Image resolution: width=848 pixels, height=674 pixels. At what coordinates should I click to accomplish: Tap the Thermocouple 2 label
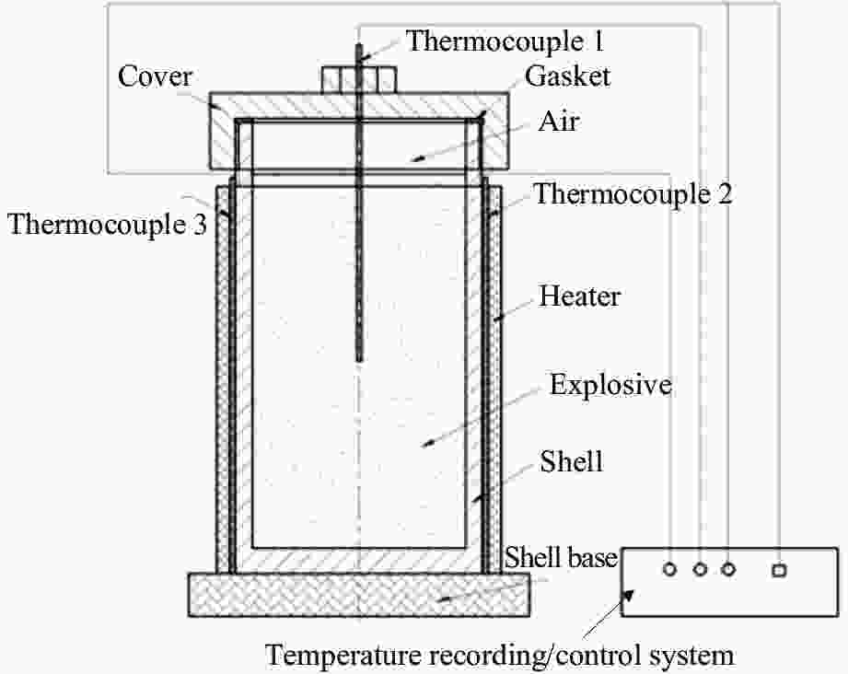click(633, 194)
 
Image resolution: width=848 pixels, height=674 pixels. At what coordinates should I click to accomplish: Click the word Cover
click(156, 76)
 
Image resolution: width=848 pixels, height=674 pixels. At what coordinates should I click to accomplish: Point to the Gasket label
click(567, 76)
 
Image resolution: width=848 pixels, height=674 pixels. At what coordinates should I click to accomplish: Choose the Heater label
click(580, 296)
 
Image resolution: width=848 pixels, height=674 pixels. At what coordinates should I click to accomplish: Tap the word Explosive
click(610, 385)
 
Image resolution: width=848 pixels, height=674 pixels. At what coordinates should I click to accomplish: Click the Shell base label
click(559, 558)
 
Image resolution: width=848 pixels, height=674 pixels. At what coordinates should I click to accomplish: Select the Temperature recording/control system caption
click(501, 655)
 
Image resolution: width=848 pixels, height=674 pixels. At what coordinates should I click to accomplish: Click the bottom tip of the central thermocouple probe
click(359, 357)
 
